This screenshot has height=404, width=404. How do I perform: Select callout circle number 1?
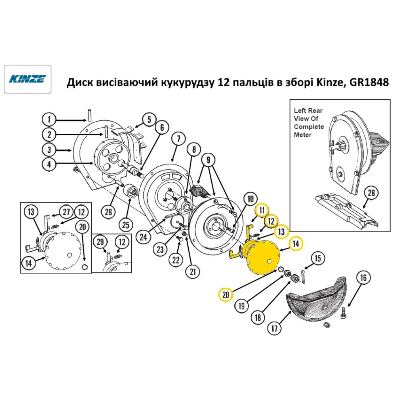(49, 120)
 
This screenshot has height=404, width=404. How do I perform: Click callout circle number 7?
(177, 139)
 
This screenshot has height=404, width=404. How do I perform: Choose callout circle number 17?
(274, 328)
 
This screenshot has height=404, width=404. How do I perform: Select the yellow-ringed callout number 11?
(262, 210)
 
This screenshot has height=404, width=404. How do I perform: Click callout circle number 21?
(192, 271)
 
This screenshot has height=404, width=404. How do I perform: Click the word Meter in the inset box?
(302, 135)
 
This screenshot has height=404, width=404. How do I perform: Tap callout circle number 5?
(148, 120)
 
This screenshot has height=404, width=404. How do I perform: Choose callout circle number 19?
(241, 306)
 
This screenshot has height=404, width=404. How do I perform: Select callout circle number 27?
(66, 211)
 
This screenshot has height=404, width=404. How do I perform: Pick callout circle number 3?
(49, 149)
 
